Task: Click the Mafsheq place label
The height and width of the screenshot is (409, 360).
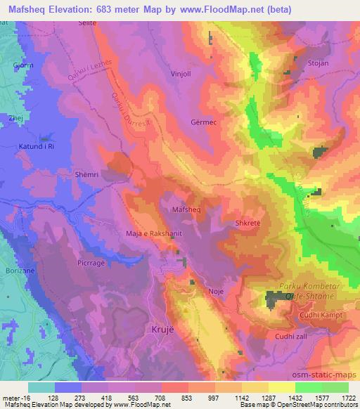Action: click(x=186, y=209)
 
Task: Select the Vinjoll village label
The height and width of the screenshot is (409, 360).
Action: click(x=181, y=72)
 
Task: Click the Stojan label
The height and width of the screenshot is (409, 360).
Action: click(x=318, y=63)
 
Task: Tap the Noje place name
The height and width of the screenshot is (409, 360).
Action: click(x=217, y=290)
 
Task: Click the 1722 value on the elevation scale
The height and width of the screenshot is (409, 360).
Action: click(x=345, y=396)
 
